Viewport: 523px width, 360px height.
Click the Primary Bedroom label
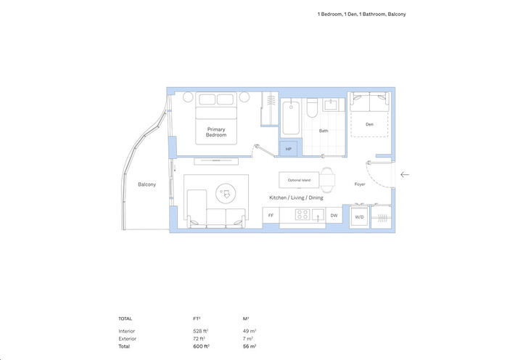coord(216,132)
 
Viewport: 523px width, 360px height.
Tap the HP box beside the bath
coord(288,149)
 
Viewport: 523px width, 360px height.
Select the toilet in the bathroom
coord(311,110)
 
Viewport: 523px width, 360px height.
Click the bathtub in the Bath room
coord(291,118)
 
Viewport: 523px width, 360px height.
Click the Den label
coord(369,124)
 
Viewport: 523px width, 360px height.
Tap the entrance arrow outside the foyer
coord(405,174)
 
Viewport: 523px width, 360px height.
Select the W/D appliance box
coord(358,216)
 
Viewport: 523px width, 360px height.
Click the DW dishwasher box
coord(334,216)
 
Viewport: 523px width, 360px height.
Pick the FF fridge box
coord(271,216)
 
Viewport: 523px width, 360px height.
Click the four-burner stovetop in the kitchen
coord(302,215)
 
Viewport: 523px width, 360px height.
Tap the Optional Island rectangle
coord(299,179)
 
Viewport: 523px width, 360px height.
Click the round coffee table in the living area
coord(227,193)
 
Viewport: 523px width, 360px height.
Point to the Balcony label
coord(147,185)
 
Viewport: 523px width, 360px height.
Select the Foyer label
coord(360,184)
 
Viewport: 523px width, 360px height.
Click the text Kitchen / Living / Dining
coord(296,198)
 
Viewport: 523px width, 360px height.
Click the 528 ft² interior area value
coord(192,331)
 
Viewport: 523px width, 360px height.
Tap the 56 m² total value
coord(249,346)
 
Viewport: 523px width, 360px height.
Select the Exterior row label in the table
coord(127,338)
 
